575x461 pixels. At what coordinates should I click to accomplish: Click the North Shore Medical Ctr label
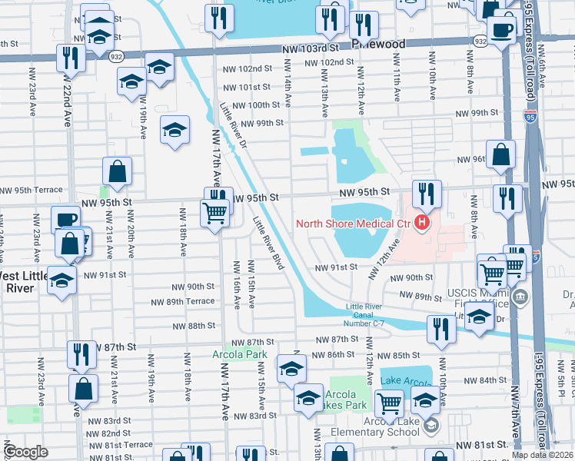click(354, 224)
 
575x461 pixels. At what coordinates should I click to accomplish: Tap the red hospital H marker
click(420, 224)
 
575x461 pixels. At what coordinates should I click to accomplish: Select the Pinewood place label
click(377, 45)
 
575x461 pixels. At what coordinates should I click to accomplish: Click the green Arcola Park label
click(238, 354)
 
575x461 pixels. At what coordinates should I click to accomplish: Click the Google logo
click(26, 451)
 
